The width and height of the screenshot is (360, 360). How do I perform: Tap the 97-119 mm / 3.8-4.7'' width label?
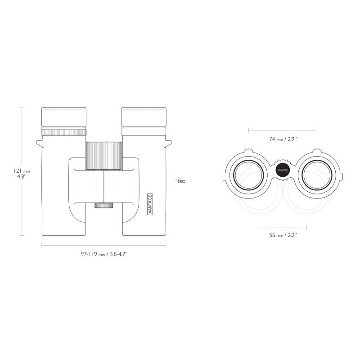click(x=104, y=254)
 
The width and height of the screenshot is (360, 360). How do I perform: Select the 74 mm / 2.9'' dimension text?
click(x=283, y=139)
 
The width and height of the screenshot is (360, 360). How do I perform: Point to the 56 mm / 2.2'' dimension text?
click(x=283, y=235)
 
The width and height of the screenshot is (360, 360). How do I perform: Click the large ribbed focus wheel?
click(x=104, y=155)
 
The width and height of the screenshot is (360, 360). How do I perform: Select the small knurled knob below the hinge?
click(x=104, y=206)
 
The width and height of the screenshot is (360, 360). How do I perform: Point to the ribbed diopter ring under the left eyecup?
click(x=63, y=132)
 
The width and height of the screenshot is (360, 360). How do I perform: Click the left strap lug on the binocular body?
click(x=39, y=143)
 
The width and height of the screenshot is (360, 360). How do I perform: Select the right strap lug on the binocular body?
click(x=169, y=143)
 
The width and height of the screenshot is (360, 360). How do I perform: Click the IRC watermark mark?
click(x=180, y=181)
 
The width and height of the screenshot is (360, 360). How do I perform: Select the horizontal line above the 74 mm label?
click(x=283, y=131)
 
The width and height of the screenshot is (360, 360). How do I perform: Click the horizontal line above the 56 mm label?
click(x=283, y=226)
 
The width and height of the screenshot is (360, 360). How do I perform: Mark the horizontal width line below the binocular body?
click(x=104, y=245)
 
